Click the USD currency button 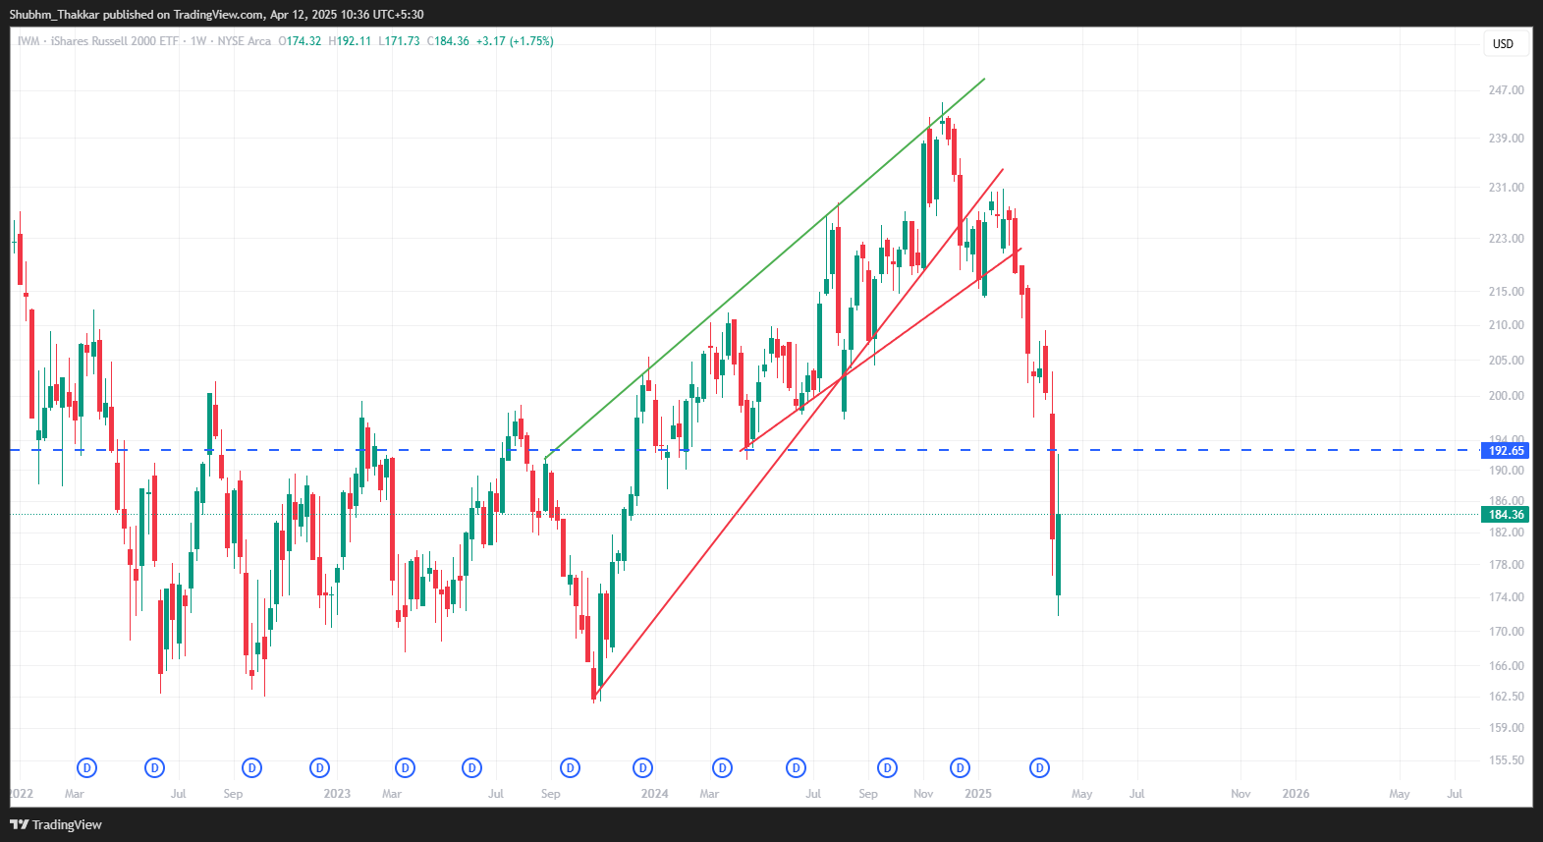1503,44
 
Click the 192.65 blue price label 1506,451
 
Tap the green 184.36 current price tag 1506,515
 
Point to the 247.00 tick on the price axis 1506,90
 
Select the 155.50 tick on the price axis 1506,760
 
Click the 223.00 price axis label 1506,239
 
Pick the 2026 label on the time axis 1295,794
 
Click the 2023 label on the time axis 337,794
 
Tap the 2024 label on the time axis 654,794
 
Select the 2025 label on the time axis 978,794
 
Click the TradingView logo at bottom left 56,824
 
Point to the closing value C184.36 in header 448,41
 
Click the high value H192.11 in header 350,41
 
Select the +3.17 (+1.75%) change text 515,41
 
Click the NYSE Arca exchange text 244,41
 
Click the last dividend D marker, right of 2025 1039,768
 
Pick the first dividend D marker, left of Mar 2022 87,768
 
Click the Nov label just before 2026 1240,794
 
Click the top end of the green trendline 984,79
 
